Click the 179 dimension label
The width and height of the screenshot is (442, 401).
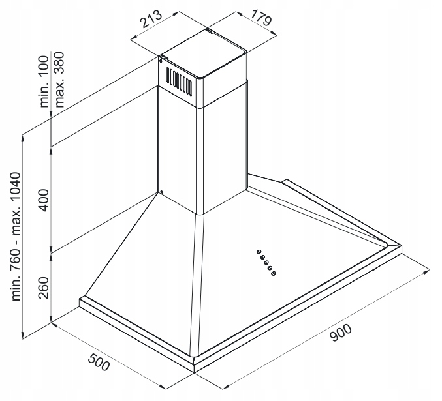point(260,20)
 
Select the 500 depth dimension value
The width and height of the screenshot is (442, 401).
point(97,362)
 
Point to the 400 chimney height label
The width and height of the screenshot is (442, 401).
point(43,200)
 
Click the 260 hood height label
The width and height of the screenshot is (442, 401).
point(43,288)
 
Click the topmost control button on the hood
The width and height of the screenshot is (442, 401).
point(258,251)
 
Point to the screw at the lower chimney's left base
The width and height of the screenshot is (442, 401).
point(160,192)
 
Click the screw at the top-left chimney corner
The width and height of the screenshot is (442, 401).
point(161,60)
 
